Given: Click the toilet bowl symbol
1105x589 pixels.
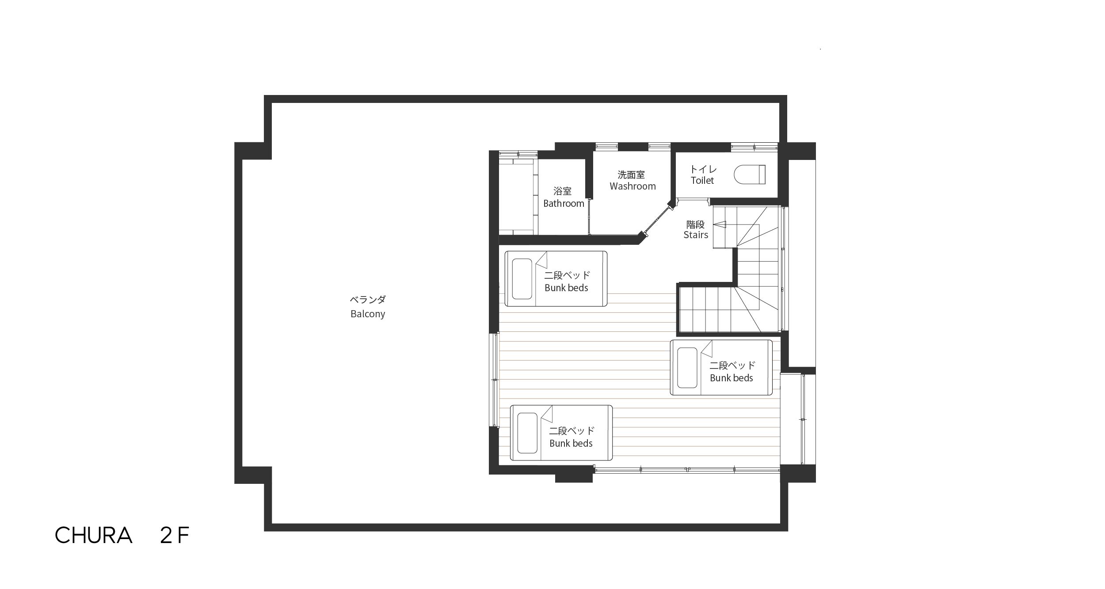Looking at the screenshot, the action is pyautogui.click(x=750, y=175).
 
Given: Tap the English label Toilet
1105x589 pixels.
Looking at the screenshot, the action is pyautogui.click(x=702, y=180).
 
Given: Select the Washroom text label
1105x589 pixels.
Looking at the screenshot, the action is pyautogui.click(x=633, y=186).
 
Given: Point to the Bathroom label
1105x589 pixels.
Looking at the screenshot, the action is pyautogui.click(x=564, y=203).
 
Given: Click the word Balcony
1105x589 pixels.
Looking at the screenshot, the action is pyautogui.click(x=368, y=314).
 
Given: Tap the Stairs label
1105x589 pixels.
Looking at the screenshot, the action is pyautogui.click(x=696, y=235).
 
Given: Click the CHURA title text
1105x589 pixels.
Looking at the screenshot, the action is pyautogui.click(x=94, y=535).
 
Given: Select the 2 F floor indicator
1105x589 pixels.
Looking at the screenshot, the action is pyautogui.click(x=175, y=535).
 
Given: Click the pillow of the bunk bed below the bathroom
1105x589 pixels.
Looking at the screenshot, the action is pyautogui.click(x=522, y=279).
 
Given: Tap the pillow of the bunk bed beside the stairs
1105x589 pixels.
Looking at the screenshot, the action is pyautogui.click(x=687, y=368).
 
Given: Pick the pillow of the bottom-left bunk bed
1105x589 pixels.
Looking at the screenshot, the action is pyautogui.click(x=527, y=433).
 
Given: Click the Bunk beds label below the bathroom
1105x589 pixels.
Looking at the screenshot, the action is pyautogui.click(x=566, y=288).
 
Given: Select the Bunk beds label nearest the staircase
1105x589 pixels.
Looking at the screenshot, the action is pyautogui.click(x=732, y=378).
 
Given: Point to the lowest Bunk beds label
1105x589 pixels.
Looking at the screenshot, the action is pyautogui.click(x=571, y=443).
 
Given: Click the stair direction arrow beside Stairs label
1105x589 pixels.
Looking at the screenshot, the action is pyautogui.click(x=720, y=224).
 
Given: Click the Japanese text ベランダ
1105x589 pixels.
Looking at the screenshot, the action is pyautogui.click(x=368, y=300).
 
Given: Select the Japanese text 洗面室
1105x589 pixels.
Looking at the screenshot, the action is pyautogui.click(x=631, y=175).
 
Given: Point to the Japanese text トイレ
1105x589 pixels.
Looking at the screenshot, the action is pyautogui.click(x=703, y=169).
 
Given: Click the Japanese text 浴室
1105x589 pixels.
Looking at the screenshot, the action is pyautogui.click(x=563, y=191).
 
